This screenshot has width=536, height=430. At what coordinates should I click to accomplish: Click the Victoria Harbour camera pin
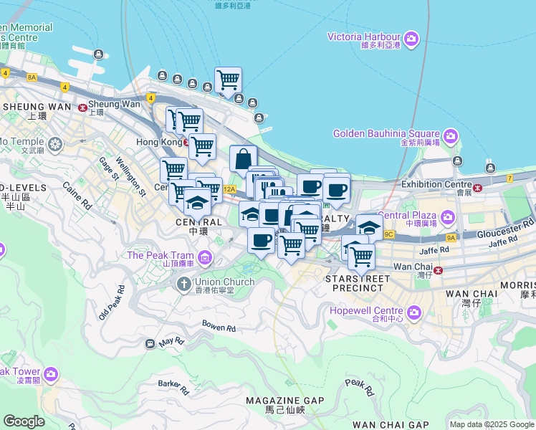[411, 38]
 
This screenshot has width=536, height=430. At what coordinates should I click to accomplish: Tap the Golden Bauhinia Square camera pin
[450, 135]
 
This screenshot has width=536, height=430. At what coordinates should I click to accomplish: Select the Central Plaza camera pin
[448, 216]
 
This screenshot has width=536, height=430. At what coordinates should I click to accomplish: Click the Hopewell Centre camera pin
[413, 312]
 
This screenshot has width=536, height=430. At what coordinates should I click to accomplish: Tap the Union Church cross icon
[183, 285]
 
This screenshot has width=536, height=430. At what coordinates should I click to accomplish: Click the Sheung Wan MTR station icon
[83, 107]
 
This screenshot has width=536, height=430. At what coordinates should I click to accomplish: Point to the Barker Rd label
[173, 387]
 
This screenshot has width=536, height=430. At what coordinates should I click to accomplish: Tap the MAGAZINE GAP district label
[284, 401]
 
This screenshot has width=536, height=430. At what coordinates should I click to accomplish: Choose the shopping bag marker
[243, 159]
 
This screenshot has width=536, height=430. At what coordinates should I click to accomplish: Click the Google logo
[24, 421]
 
